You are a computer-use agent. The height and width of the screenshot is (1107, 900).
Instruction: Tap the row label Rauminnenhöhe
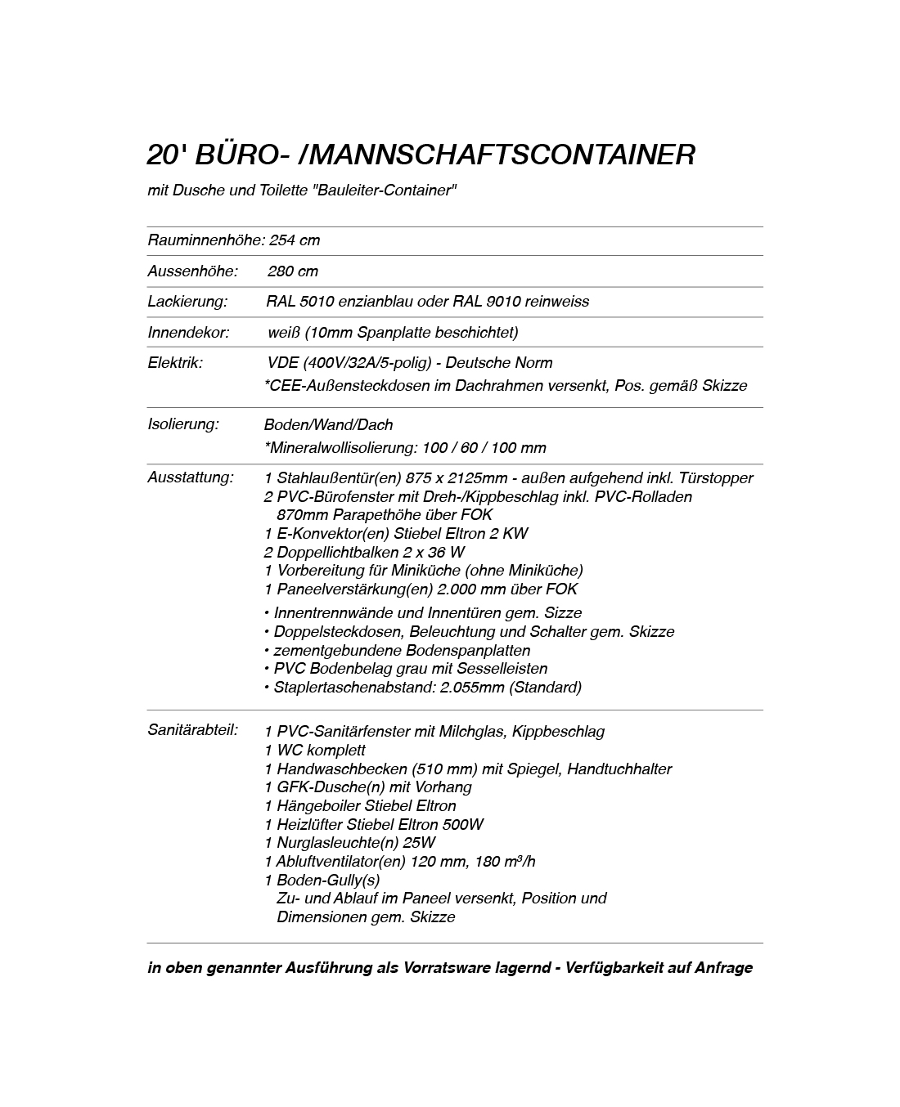[205, 240]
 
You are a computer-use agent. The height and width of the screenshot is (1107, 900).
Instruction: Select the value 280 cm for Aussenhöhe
[293, 271]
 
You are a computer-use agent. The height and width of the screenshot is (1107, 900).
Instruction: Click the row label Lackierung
[187, 302]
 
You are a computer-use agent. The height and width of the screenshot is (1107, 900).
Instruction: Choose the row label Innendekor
[188, 333]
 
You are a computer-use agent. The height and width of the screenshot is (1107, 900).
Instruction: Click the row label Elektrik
[175, 363]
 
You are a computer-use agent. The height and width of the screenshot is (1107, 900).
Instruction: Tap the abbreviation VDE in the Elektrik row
[281, 363]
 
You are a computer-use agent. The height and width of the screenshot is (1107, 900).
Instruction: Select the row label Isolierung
[183, 424]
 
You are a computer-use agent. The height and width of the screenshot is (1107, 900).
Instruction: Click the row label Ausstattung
[191, 477]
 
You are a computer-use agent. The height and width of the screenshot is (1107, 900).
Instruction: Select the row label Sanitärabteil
[193, 729]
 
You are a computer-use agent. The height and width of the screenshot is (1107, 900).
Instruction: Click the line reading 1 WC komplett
[315, 751]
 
